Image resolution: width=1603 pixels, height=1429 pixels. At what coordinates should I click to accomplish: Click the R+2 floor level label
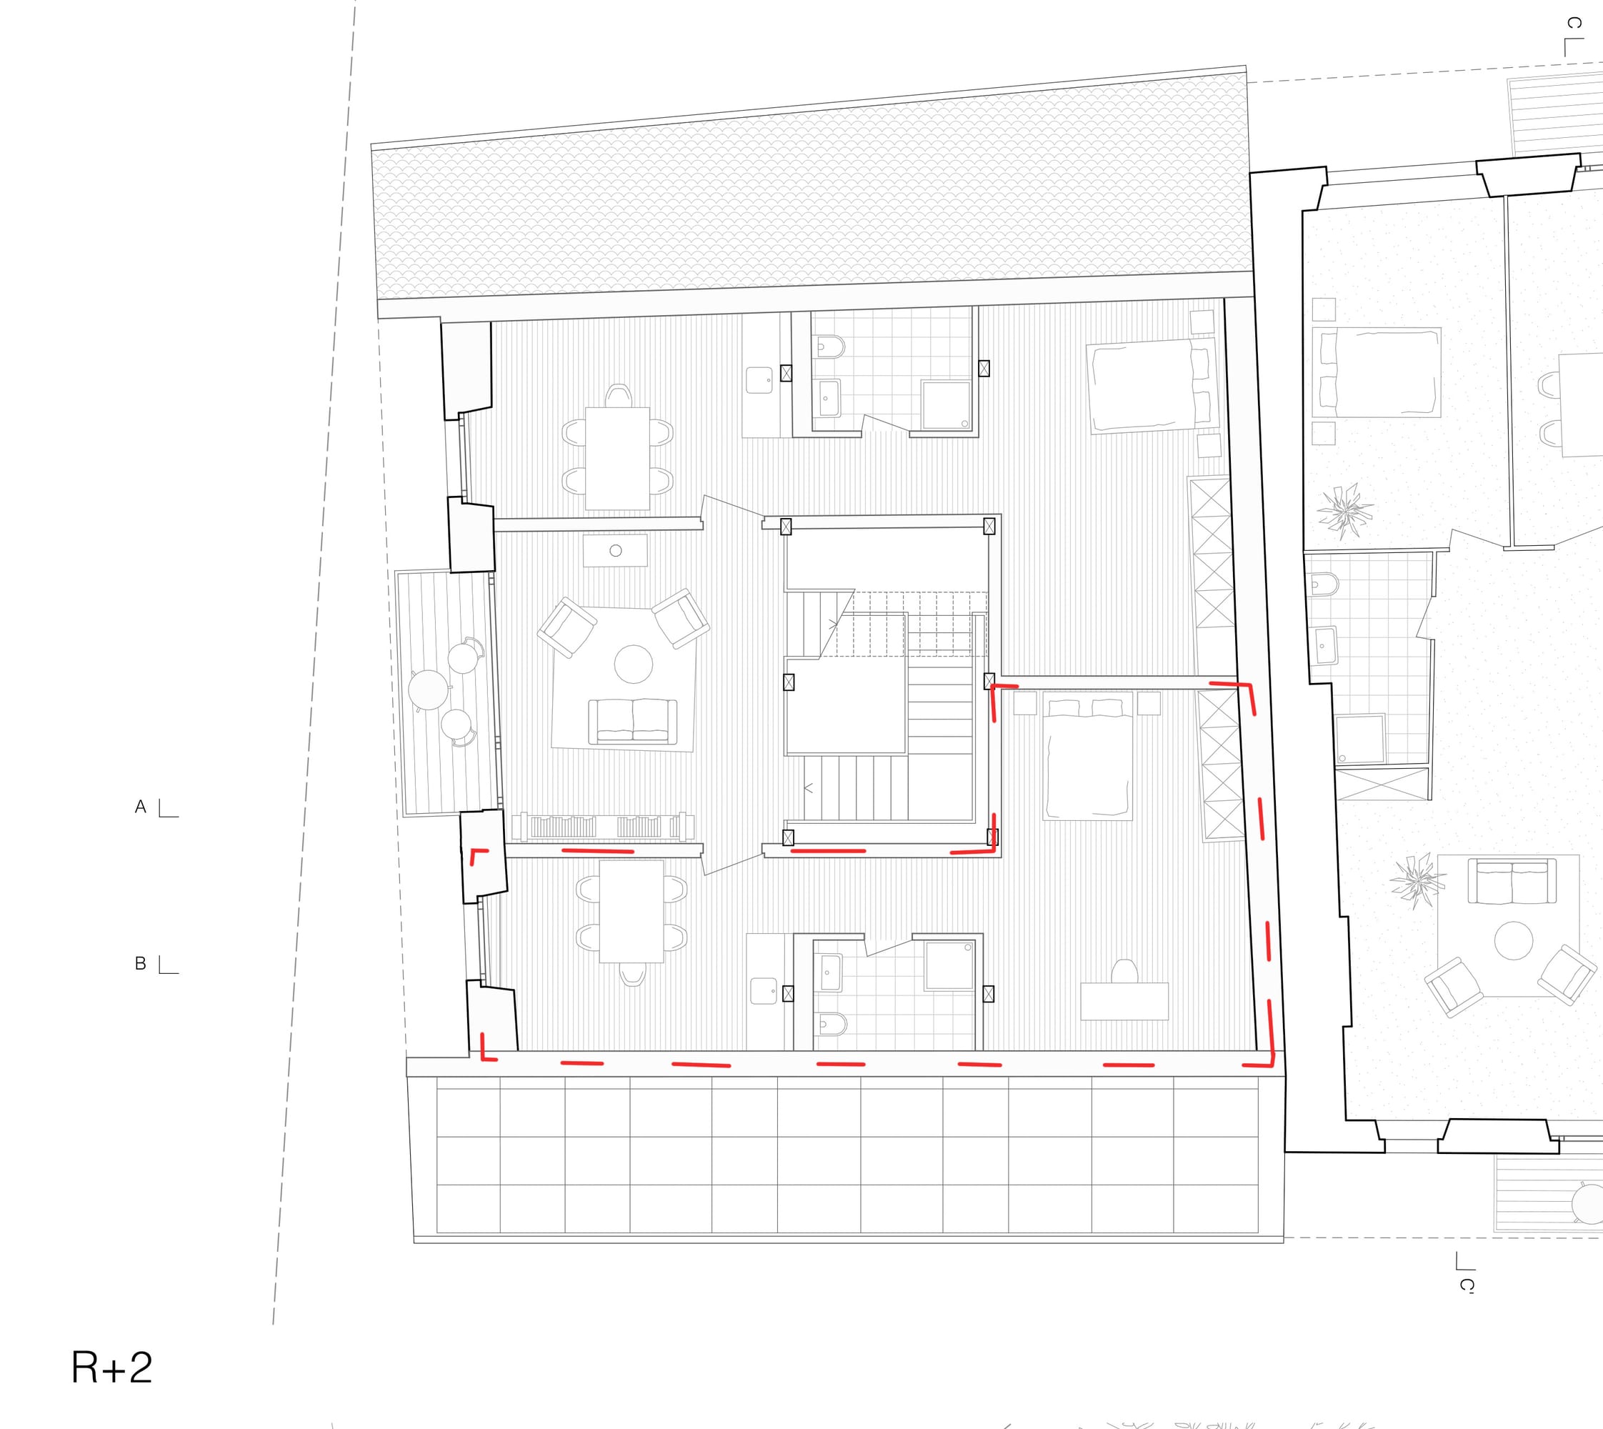111,1368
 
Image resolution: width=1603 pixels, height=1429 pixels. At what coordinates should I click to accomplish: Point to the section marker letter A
141,807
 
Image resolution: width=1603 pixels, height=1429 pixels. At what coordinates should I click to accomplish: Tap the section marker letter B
141,963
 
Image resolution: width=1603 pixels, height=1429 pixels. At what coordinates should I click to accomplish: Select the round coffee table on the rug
634,664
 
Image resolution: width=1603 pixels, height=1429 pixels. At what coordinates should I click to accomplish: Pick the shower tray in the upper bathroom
946,405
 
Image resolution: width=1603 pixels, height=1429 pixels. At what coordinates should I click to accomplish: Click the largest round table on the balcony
428,690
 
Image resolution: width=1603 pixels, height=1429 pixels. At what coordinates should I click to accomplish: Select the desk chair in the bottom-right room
1124,970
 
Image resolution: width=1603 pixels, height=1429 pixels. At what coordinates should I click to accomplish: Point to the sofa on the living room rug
633,722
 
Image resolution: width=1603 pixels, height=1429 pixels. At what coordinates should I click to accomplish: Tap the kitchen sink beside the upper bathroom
759,381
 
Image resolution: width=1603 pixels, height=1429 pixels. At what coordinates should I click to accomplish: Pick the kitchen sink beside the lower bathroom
763,991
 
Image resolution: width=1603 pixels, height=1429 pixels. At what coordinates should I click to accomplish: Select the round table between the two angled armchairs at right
1514,940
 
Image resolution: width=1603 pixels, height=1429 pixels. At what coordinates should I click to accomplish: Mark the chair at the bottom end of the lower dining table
633,974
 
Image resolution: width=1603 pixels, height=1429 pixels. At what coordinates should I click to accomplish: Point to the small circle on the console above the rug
616,550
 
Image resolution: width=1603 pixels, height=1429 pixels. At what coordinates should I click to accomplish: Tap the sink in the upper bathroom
828,398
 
